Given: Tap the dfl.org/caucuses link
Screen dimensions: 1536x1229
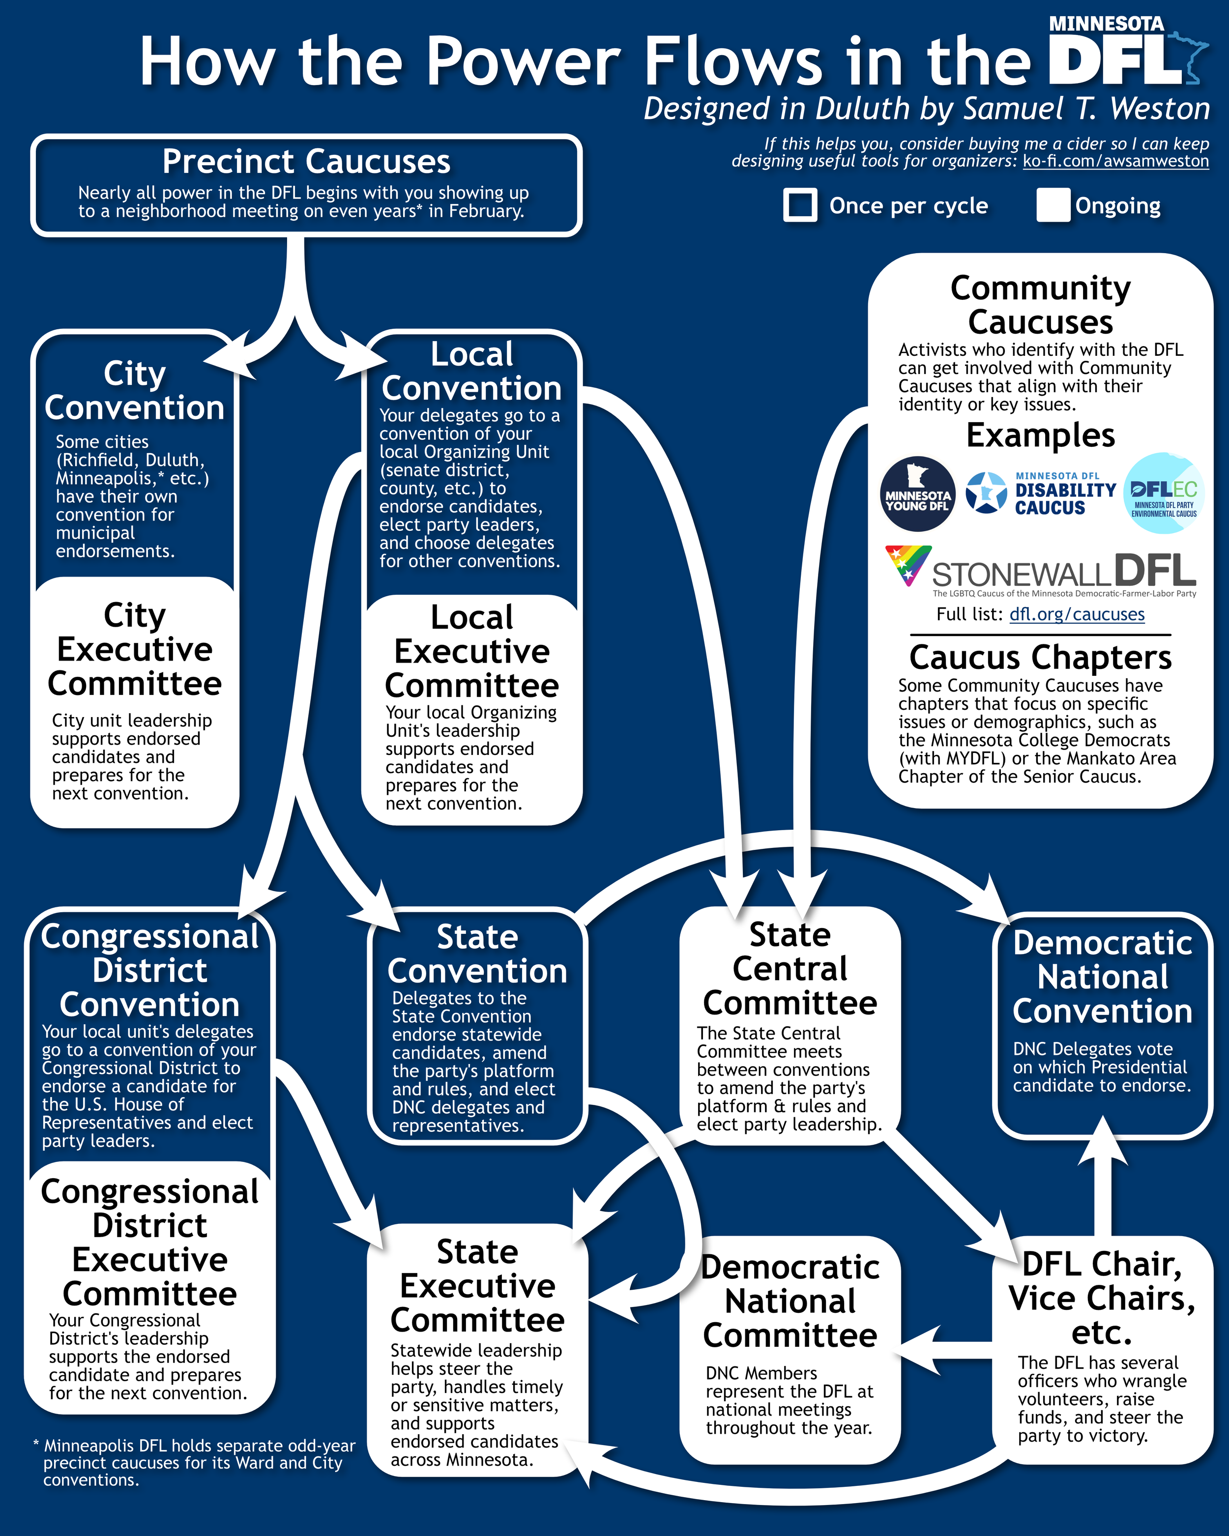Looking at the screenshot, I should (1077, 614).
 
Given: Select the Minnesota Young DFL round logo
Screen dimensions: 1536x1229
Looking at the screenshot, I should (918, 493).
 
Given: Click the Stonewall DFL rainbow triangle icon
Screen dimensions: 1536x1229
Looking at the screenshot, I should (907, 564).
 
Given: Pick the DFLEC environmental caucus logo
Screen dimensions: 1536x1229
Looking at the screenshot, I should (1164, 493).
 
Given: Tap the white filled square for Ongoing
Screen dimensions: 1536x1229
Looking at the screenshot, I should (1053, 205).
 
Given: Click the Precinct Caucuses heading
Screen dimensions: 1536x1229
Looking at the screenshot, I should (306, 162).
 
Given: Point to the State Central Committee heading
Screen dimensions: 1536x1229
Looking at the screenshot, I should (790, 968).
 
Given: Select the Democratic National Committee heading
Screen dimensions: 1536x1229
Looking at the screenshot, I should (790, 1301).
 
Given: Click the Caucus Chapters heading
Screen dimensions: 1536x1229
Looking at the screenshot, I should (1040, 657).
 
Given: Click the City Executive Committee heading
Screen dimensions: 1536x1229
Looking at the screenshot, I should (135, 649).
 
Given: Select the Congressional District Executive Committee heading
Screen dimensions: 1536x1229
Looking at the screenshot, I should (149, 1243).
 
